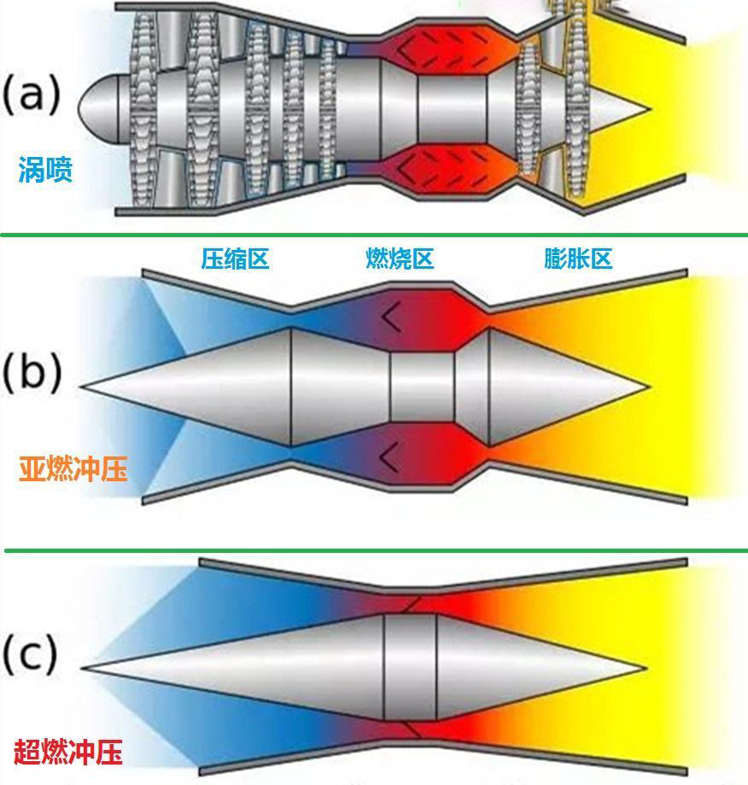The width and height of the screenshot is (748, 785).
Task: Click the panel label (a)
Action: click(32, 95)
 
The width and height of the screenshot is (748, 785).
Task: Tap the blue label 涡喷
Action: click(45, 171)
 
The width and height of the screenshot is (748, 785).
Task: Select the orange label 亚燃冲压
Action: click(73, 468)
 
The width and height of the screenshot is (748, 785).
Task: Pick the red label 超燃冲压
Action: click(67, 752)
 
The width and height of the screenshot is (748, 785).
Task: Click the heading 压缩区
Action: click(235, 259)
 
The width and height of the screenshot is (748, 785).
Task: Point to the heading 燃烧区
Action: click(400, 259)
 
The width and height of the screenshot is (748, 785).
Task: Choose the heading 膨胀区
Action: click(578, 259)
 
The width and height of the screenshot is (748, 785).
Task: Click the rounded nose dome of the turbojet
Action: click(94, 108)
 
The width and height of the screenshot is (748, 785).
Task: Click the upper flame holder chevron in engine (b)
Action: click(390, 317)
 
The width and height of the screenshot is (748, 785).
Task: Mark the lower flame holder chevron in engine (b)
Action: click(390, 456)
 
